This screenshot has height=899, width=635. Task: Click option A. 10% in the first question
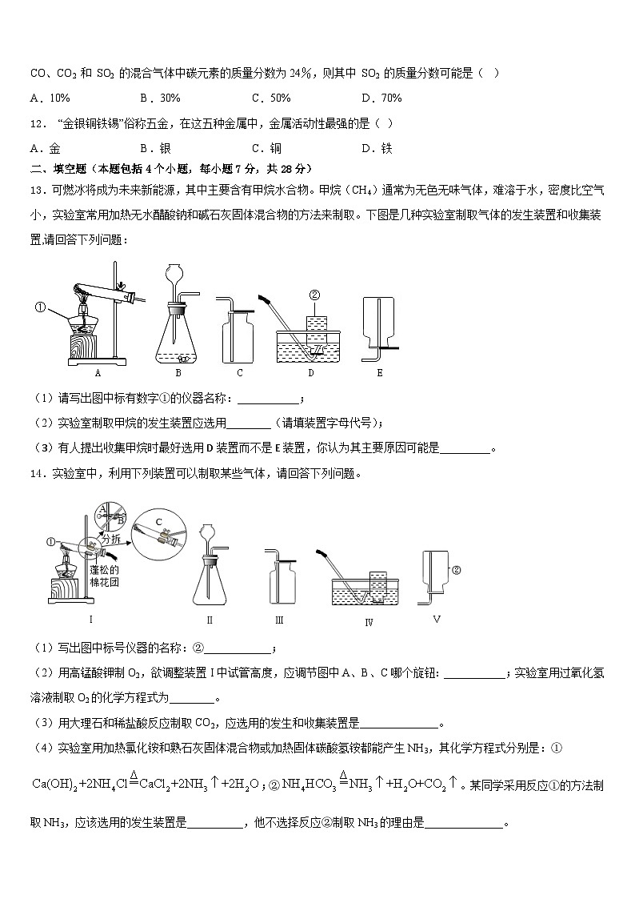click(50, 98)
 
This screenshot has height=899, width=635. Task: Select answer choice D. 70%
click(381, 98)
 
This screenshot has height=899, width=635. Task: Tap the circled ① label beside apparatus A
click(39, 306)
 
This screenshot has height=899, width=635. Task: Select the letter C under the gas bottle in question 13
click(239, 372)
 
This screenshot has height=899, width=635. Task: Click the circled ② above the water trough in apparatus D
click(315, 295)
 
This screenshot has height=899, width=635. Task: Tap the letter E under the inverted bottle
click(379, 372)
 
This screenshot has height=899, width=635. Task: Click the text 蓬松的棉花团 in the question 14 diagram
click(104, 576)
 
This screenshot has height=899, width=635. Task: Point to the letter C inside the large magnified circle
click(158, 522)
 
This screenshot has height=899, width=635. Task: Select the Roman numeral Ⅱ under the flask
click(210, 619)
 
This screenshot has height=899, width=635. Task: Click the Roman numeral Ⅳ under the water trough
click(369, 623)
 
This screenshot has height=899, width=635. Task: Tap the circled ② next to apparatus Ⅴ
click(457, 571)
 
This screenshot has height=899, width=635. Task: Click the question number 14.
click(37, 473)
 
